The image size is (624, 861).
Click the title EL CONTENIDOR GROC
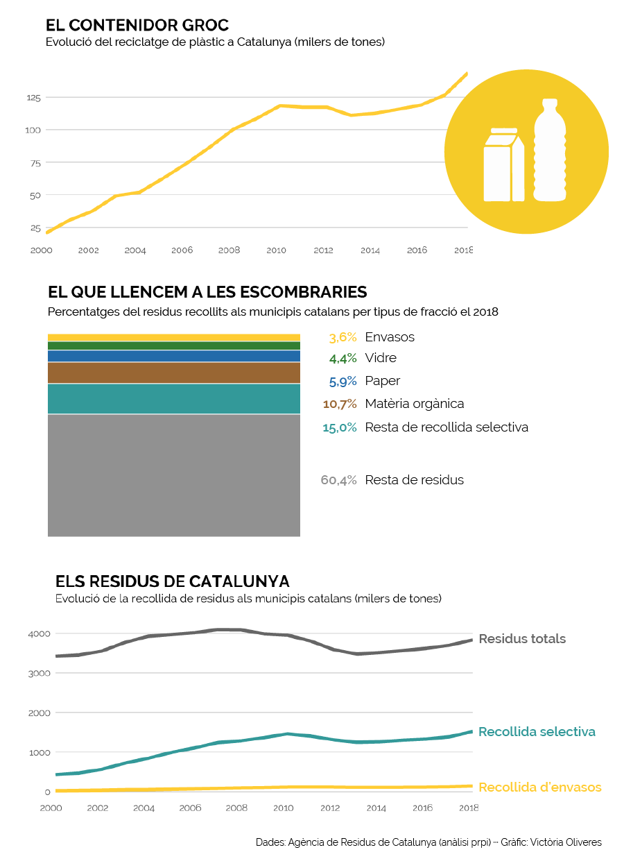click(137, 26)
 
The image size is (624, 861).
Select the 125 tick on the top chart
click(34, 98)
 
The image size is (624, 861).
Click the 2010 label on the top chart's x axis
click(276, 250)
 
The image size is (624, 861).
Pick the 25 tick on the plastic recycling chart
click(35, 228)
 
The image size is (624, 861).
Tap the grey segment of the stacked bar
click(173, 475)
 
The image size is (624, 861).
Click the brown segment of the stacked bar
click(173, 373)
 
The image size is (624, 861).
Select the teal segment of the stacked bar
click(173, 398)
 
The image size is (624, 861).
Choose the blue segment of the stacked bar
click(173, 356)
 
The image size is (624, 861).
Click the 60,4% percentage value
click(338, 480)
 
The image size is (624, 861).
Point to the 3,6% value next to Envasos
click(343, 337)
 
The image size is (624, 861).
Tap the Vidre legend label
click(381, 358)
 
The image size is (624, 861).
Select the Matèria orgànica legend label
click(414, 403)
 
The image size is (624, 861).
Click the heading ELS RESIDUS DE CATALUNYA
click(172, 581)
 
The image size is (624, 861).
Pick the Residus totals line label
click(522, 639)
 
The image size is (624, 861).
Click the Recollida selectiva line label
click(537, 732)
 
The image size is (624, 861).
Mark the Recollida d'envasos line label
click(539, 787)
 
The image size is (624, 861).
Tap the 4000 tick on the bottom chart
click(38, 633)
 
